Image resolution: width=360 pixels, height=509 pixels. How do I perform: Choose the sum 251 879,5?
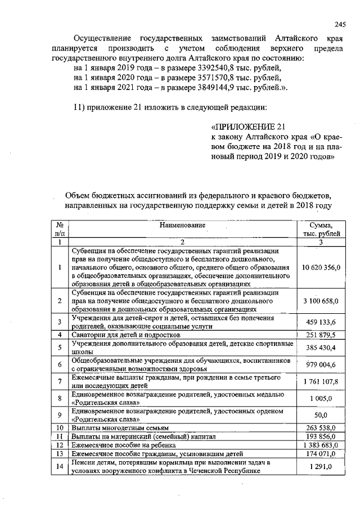[x=321, y=335]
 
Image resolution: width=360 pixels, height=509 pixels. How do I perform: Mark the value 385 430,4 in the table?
[x=321, y=348]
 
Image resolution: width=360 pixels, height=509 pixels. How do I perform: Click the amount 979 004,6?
[x=321, y=364]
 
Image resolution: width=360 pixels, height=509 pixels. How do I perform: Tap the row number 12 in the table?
[x=58, y=444]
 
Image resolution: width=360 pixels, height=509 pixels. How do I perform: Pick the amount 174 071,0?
[x=321, y=453]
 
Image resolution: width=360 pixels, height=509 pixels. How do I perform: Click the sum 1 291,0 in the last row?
[x=321, y=466]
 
